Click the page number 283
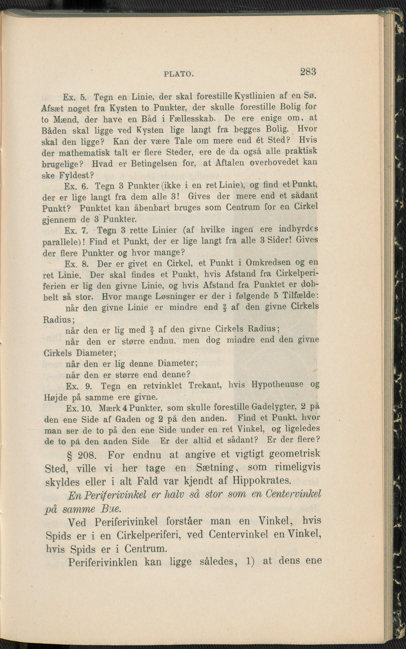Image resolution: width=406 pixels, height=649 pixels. click(x=308, y=72)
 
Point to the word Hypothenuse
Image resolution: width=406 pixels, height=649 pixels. click(x=277, y=385)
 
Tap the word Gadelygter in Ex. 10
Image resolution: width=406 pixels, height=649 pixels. click(x=274, y=407)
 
